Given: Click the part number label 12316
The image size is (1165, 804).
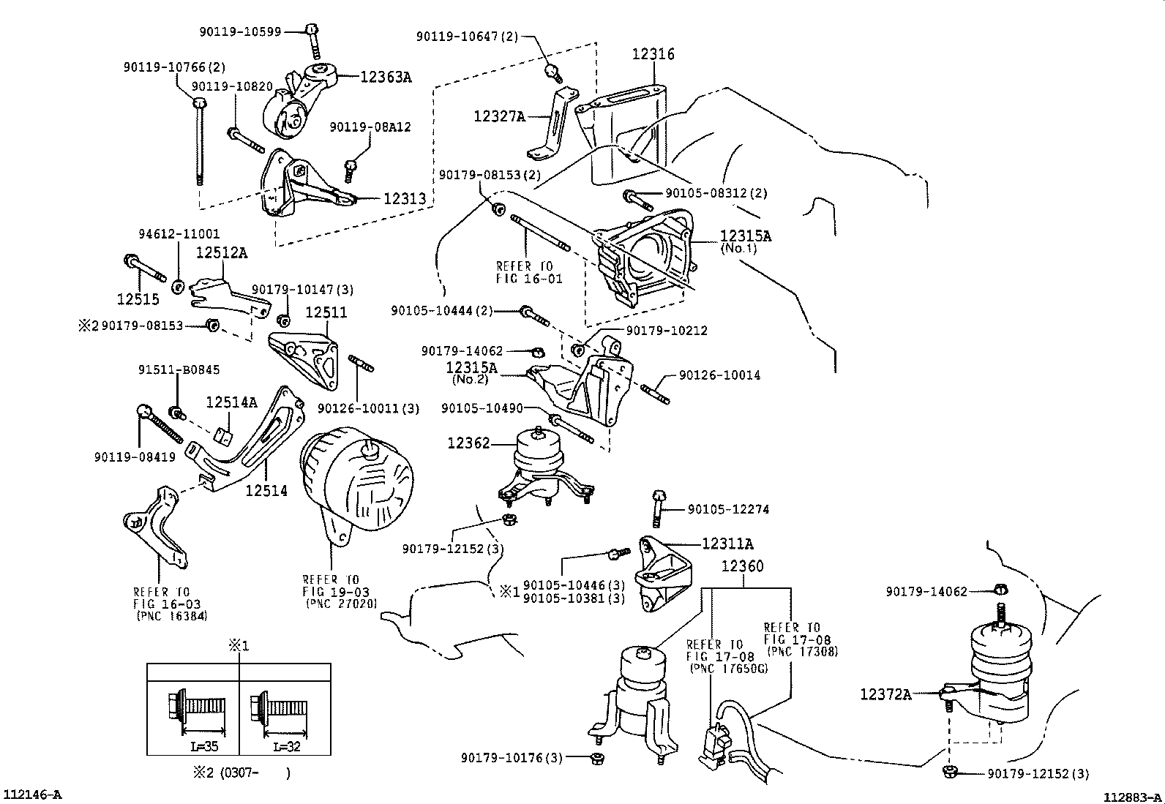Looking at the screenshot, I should (x=653, y=54).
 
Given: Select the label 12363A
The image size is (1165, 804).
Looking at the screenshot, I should (x=385, y=77).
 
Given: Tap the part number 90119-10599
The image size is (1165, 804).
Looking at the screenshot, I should (x=240, y=32).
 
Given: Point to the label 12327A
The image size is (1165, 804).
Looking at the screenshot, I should (x=499, y=116).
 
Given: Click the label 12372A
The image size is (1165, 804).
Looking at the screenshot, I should (x=885, y=694).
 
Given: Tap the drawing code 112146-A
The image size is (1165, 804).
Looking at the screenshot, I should (x=34, y=794).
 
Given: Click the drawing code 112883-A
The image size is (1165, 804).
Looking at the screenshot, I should (x=1133, y=797).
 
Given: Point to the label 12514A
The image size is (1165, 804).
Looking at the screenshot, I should (x=231, y=402).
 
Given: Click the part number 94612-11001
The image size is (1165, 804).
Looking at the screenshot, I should (x=179, y=235).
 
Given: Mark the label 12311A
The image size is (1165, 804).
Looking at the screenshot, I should (x=727, y=544).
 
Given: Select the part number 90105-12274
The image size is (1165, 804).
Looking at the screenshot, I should (x=728, y=509).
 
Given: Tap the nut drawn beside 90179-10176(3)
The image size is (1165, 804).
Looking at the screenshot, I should (x=597, y=757).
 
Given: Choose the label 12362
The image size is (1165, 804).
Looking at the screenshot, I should (x=468, y=443).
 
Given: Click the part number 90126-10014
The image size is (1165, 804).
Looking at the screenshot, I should (x=719, y=375).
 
